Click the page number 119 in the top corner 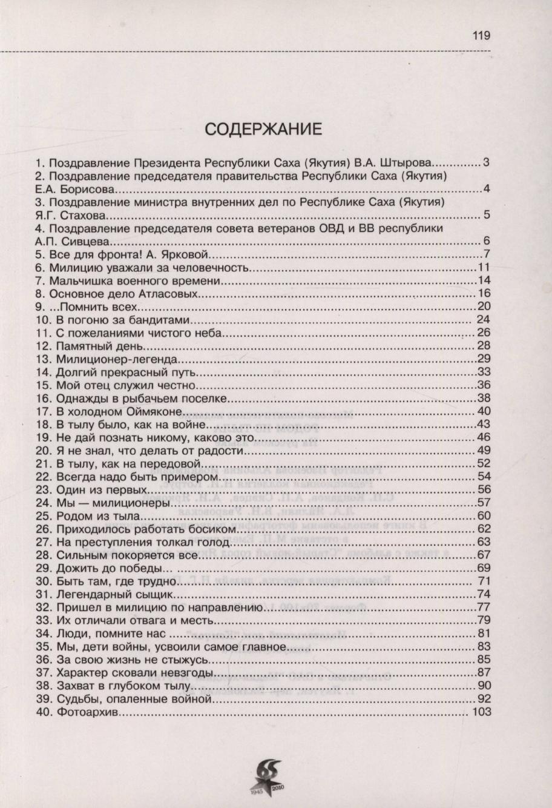click(x=481, y=36)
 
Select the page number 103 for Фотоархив click(x=480, y=713)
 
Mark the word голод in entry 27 click(x=203, y=542)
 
